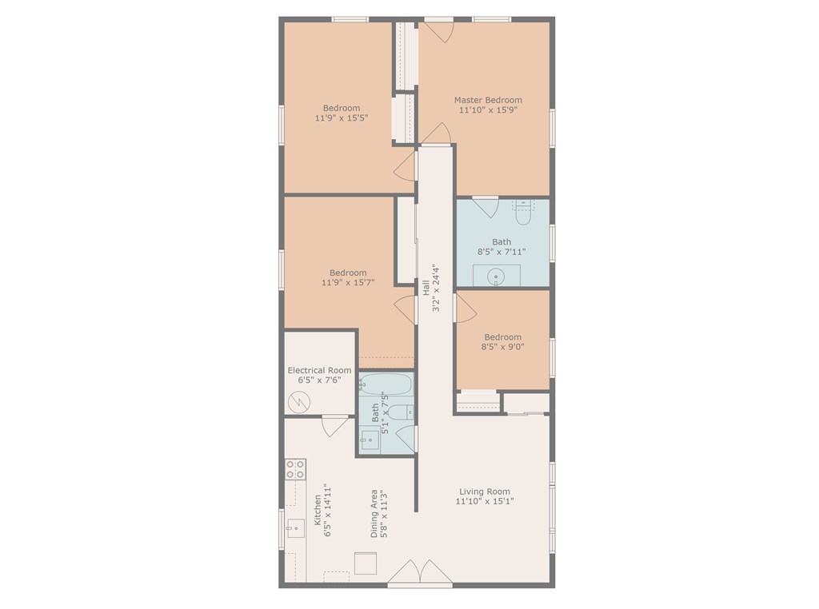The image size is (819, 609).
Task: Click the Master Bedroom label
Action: (488, 100)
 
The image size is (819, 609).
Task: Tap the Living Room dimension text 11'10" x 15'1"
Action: (485, 501)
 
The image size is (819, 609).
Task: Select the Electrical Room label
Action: (320, 370)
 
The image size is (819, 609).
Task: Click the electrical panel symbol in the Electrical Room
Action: (299, 401)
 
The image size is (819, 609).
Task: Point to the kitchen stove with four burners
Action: (296, 468)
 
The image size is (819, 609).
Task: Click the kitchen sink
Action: (295, 528)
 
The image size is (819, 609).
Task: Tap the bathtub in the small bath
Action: (386, 384)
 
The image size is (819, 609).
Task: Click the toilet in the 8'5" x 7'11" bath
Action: (523, 213)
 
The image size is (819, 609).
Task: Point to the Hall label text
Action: (425, 288)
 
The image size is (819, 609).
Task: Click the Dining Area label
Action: (374, 514)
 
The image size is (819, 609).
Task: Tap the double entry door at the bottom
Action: (419, 573)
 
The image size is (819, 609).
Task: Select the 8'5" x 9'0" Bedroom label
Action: (502, 337)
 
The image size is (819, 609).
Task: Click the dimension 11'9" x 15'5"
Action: (342, 118)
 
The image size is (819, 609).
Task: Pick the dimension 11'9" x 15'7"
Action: (348, 282)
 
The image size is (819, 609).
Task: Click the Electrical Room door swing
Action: (334, 426)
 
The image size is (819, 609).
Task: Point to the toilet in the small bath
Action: (403, 412)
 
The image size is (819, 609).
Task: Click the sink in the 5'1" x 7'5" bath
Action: (370, 440)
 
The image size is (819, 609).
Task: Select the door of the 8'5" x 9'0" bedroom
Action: (465, 308)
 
